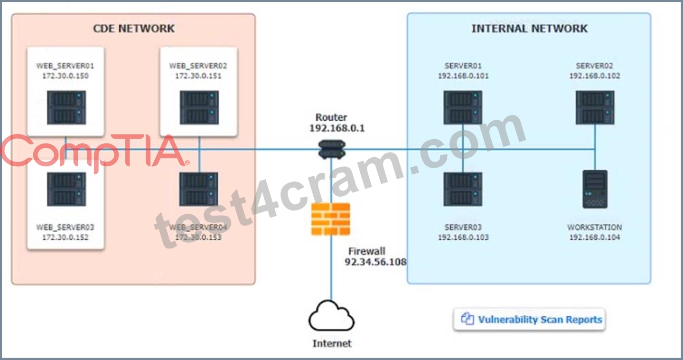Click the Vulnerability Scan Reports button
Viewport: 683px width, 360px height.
click(529, 320)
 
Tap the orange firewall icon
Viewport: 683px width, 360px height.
click(331, 219)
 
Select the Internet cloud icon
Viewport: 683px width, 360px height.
click(331, 316)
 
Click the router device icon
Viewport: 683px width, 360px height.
click(332, 149)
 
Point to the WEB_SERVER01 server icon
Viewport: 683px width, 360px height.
click(66, 107)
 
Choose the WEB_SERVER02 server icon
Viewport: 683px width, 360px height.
click(199, 107)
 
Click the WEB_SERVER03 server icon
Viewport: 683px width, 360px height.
click(66, 189)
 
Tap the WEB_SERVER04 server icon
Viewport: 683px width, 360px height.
click(199, 189)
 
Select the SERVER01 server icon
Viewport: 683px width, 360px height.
click(463, 107)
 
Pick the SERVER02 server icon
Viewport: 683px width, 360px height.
click(595, 107)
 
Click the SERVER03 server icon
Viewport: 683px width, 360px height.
click(463, 189)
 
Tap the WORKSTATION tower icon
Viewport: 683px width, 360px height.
click(595, 189)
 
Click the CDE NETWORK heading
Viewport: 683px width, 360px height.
click(134, 28)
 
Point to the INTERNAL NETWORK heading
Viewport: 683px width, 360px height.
click(530, 28)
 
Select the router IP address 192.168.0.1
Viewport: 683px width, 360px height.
click(337, 128)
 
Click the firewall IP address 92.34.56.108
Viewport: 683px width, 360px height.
click(375, 262)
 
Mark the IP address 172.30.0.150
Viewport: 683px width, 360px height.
click(65, 76)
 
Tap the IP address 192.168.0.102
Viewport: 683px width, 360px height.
click(595, 76)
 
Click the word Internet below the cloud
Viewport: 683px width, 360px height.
click(332, 343)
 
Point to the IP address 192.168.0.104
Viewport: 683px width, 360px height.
click(595, 237)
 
